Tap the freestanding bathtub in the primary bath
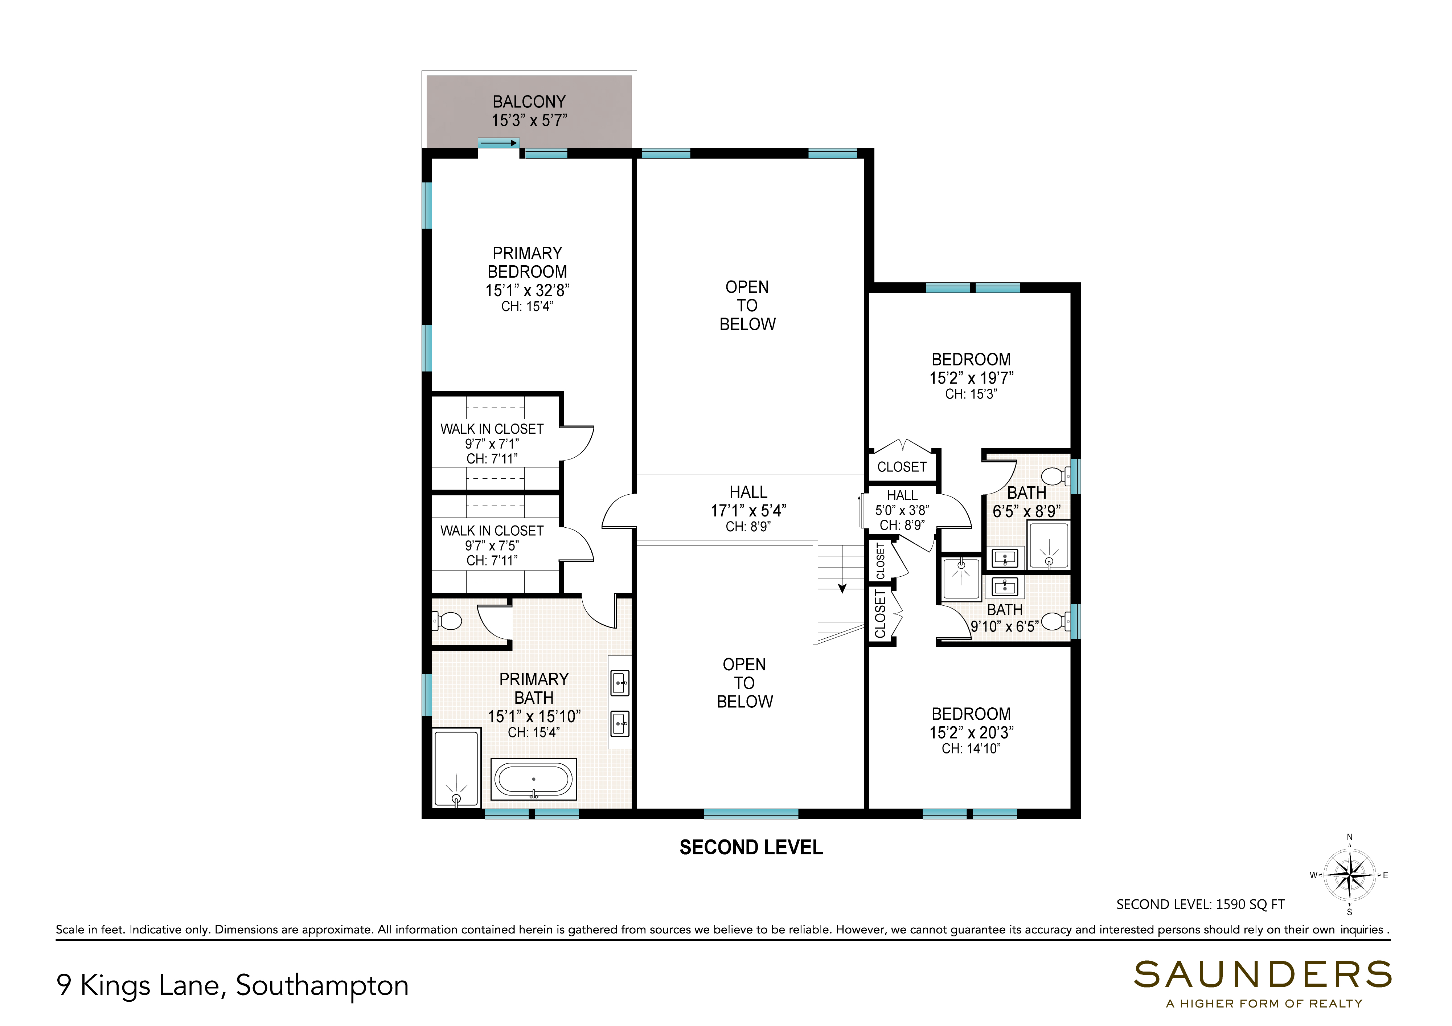[x=534, y=779]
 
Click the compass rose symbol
[x=1350, y=875]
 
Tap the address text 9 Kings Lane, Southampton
[x=232, y=985]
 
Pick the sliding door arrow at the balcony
[x=499, y=143]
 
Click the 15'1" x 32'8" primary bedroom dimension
[x=528, y=290]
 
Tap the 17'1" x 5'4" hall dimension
[x=748, y=511]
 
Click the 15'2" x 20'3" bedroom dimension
[x=971, y=732]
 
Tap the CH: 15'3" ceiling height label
[x=971, y=394]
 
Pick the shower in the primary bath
[x=456, y=767]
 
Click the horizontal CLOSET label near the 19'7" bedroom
[x=902, y=467]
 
